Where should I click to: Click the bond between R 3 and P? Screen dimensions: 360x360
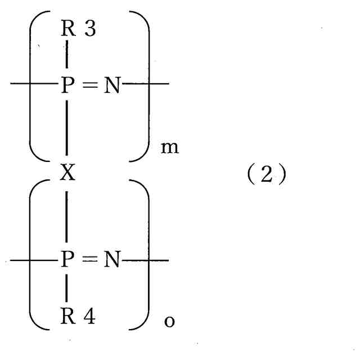[67, 56]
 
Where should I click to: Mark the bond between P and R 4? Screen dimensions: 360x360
[67, 291]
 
